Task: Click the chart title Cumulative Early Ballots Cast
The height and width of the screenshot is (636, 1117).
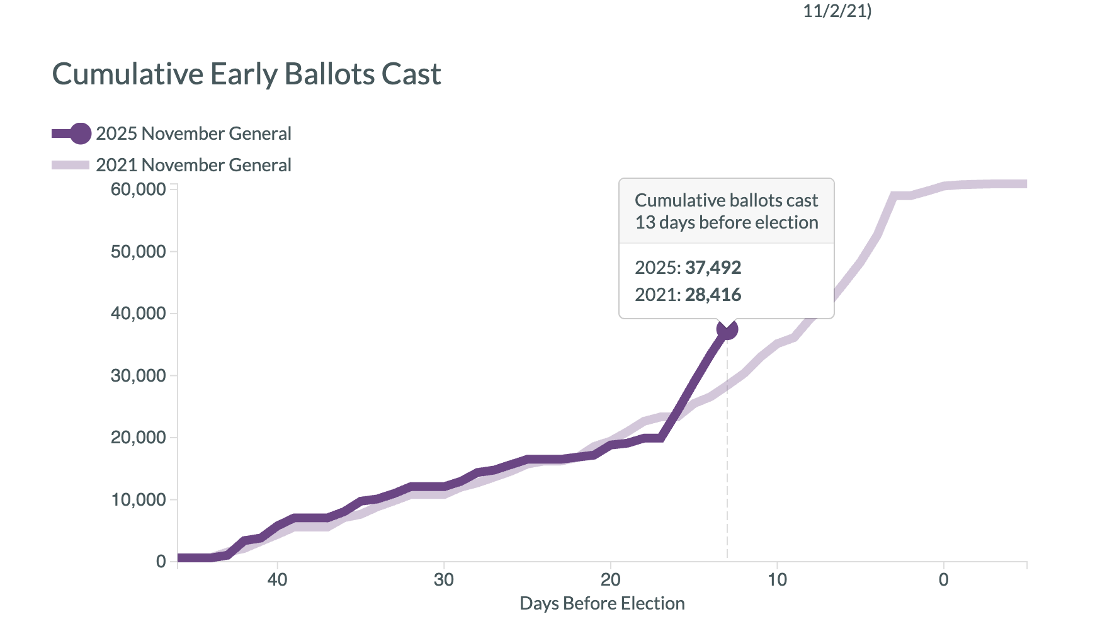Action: coord(246,74)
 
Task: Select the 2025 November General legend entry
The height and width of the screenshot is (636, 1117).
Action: coord(193,133)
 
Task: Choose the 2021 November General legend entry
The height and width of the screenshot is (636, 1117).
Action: coord(193,165)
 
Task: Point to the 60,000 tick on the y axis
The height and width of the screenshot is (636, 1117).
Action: coord(138,190)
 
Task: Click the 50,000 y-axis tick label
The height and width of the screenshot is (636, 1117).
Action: coord(138,252)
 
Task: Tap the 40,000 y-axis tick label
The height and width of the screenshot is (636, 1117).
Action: coord(138,314)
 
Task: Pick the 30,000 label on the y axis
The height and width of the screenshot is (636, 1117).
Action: coord(138,376)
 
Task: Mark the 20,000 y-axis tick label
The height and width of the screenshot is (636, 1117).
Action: coord(138,438)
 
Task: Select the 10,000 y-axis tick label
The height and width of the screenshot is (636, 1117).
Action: coord(138,500)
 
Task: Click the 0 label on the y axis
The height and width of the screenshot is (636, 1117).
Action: coord(161,562)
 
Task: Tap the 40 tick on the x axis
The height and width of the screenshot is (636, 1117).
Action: coord(277,580)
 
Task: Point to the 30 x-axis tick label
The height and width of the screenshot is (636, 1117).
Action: coord(444,580)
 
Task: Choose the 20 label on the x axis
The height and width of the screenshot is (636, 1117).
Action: coord(610,580)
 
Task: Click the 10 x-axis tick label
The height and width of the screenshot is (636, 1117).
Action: coord(777,580)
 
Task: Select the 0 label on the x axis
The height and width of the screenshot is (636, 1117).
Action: coord(943,580)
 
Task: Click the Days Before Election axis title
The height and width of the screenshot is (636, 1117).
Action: coord(602,604)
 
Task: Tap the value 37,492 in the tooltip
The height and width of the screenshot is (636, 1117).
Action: coord(713,268)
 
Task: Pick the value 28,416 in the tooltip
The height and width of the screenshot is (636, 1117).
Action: coord(713,295)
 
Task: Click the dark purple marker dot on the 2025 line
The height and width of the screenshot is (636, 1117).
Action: coord(727,329)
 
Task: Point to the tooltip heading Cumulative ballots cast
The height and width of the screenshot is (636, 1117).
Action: coord(726,200)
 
